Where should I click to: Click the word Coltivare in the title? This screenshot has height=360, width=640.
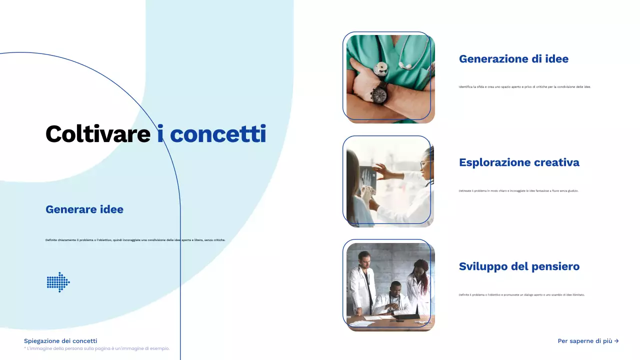(97, 134)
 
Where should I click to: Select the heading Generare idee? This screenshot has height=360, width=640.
(84, 209)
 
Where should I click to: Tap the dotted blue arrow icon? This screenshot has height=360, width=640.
(58, 282)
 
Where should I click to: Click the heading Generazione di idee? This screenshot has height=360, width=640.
(513, 59)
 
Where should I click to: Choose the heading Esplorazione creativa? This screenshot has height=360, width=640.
(519, 162)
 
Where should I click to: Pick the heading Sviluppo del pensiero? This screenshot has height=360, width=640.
(519, 266)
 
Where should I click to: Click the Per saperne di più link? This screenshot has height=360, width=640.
(588, 341)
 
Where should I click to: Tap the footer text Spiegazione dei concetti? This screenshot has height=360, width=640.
(60, 341)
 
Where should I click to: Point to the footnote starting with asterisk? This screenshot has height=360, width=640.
(96, 348)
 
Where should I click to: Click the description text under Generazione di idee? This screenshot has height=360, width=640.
(524, 87)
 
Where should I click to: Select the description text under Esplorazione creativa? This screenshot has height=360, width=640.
(518, 191)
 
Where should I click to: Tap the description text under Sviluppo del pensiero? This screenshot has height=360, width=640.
(521, 295)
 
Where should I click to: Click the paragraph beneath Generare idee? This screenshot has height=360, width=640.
(135, 240)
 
